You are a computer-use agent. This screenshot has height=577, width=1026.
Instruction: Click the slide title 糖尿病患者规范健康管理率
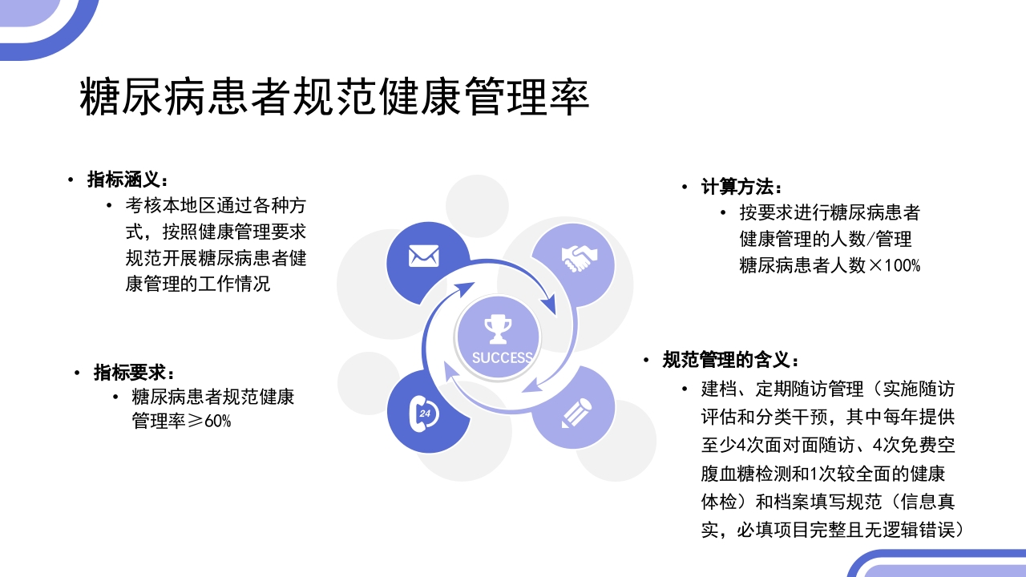click(x=335, y=99)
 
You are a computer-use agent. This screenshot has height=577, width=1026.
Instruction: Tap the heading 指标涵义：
click(x=128, y=180)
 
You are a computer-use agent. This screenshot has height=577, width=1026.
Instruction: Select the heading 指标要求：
click(x=135, y=373)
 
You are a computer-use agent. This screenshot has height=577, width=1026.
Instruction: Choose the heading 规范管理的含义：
click(x=731, y=361)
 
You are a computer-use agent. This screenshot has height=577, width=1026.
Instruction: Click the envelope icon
click(x=424, y=256)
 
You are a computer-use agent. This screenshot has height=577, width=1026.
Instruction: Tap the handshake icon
click(x=579, y=257)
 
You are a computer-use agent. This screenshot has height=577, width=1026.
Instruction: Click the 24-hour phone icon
click(x=424, y=413)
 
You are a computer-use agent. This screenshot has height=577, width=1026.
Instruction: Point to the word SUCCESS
click(x=502, y=357)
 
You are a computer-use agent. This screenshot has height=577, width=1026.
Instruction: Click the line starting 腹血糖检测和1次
click(x=823, y=473)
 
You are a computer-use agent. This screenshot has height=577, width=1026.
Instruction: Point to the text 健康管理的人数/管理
click(x=826, y=239)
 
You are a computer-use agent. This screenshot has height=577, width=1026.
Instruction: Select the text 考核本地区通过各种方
click(x=216, y=205)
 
